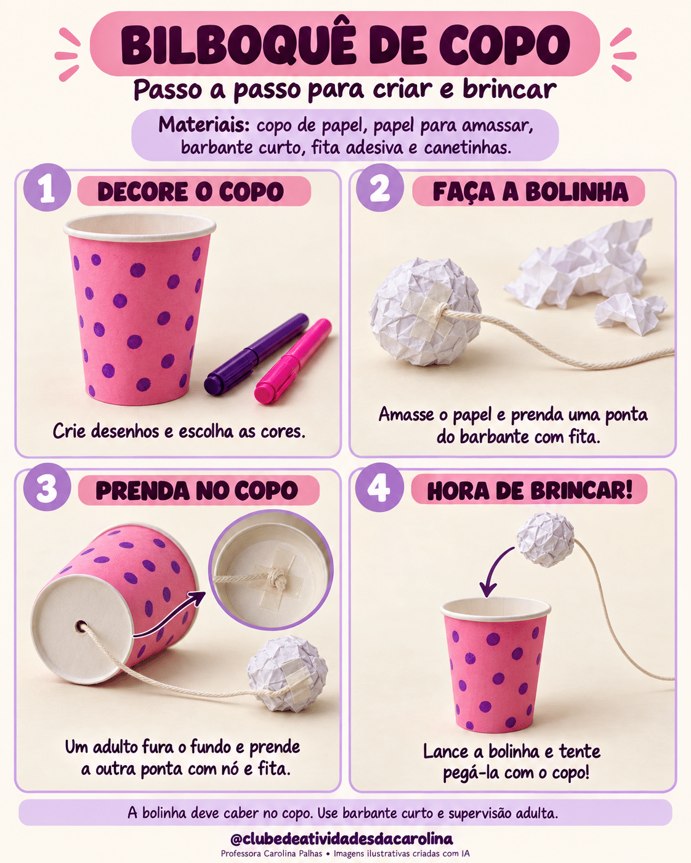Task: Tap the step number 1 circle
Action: (x=47, y=188)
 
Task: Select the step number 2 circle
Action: (x=379, y=188)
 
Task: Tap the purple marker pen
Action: (x=256, y=354)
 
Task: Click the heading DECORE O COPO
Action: (x=190, y=191)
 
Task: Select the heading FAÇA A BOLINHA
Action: (x=530, y=191)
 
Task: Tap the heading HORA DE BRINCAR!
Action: (x=530, y=490)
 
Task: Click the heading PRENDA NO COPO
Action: (x=196, y=490)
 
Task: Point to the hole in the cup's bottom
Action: (x=81, y=626)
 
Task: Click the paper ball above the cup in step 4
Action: (x=546, y=539)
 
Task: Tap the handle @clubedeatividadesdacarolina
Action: (x=342, y=838)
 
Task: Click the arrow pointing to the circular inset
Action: (x=169, y=614)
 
